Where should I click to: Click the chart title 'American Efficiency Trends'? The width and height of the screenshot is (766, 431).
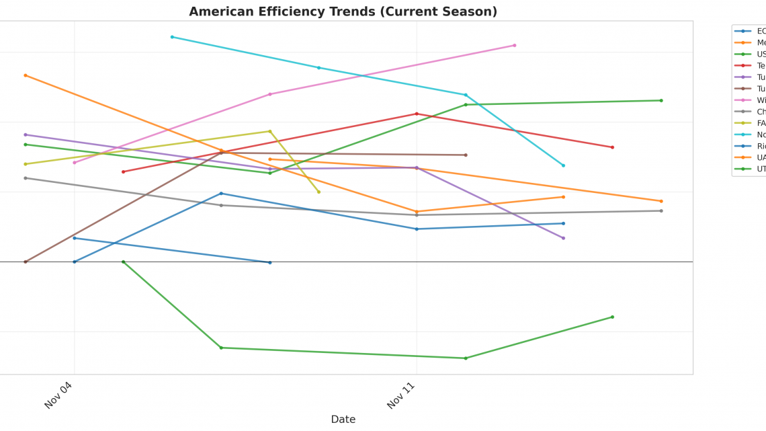tap(343, 11)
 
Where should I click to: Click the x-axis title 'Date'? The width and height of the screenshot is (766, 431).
tap(343, 419)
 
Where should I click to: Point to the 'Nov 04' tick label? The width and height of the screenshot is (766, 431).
tap(58, 395)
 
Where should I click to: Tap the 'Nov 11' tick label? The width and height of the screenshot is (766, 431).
tap(401, 395)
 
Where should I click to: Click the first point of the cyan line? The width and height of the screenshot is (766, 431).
tap(172, 37)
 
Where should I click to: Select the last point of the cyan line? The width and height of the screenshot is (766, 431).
tap(563, 165)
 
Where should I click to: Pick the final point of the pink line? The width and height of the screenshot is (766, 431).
tap(515, 46)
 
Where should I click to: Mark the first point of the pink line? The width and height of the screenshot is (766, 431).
tap(75, 163)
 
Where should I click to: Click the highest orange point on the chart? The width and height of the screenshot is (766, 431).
tap(26, 75)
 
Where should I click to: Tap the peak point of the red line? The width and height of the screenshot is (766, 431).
tap(417, 114)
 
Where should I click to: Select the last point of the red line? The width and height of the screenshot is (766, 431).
tap(612, 147)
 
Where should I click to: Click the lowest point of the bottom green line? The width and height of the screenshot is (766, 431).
tap(466, 358)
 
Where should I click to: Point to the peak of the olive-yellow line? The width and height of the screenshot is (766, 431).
tap(270, 131)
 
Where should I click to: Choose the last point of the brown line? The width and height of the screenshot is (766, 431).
tap(466, 155)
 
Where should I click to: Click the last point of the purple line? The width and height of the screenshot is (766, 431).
tap(563, 238)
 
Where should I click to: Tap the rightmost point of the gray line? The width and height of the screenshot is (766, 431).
tap(661, 211)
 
